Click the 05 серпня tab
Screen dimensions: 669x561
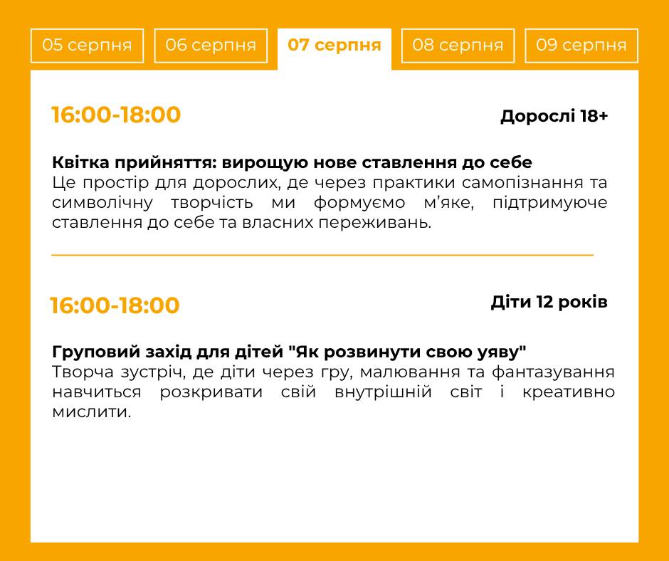(87, 46)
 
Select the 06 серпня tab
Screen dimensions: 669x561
(211, 46)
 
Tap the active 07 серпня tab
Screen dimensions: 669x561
(334, 46)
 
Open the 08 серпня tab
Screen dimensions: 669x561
(458, 46)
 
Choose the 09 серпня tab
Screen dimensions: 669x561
(581, 46)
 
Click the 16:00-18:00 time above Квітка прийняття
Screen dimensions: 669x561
(116, 115)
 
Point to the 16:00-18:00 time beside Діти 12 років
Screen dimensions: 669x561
(115, 305)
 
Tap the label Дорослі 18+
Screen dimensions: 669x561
(554, 116)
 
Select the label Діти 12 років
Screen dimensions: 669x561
(549, 303)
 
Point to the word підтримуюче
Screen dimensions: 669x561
(550, 203)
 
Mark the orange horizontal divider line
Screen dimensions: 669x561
(322, 256)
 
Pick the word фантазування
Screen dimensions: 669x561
(553, 372)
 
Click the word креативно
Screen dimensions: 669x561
(569, 392)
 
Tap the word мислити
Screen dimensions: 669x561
(92, 412)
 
